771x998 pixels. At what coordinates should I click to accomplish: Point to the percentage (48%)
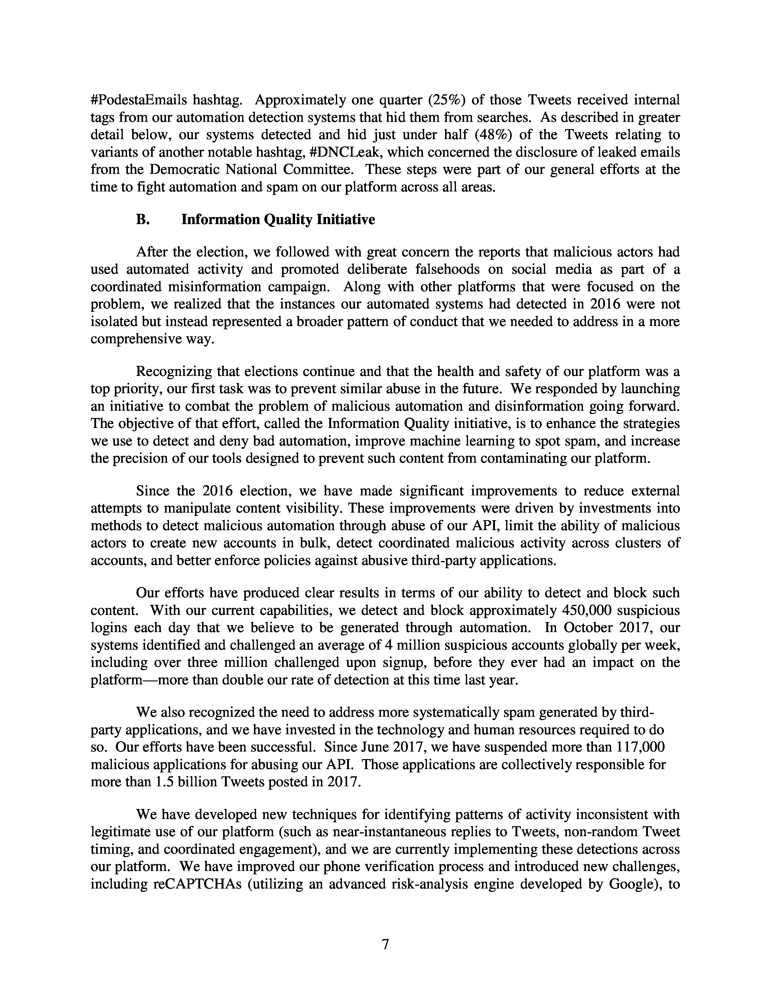pyautogui.click(x=489, y=135)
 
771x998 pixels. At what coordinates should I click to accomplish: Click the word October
pyautogui.click(x=588, y=628)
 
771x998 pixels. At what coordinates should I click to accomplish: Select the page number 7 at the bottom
pyautogui.click(x=385, y=944)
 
